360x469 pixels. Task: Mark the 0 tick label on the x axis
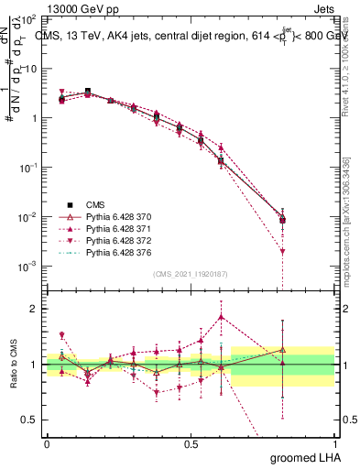click(47, 443)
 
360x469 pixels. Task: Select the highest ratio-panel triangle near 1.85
click(221, 318)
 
